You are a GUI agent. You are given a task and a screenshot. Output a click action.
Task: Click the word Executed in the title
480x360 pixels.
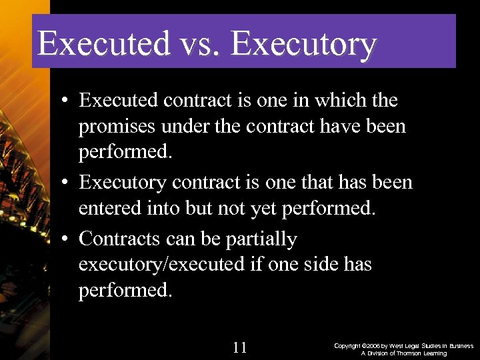(x=104, y=44)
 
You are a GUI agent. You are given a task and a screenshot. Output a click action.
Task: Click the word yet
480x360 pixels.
(x=263, y=209)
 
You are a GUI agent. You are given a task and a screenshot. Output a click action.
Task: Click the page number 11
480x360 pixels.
(x=241, y=347)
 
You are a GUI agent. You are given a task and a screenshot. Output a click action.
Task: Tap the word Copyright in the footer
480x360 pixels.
(x=347, y=346)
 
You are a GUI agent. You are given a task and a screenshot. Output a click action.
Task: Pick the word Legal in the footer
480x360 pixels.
(x=420, y=346)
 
